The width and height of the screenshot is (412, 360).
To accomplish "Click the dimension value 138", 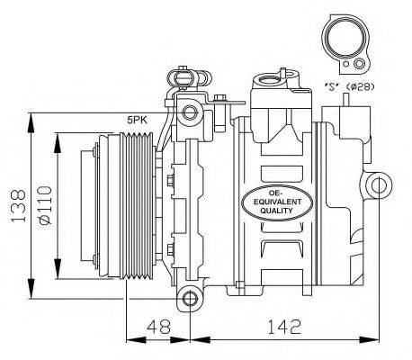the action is pyautogui.click(x=18, y=206).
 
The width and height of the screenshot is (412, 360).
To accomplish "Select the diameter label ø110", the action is pyautogui.click(x=45, y=205).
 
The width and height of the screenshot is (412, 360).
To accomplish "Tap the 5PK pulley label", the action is pyautogui.click(x=137, y=121).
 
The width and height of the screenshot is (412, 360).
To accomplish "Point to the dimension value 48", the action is pyautogui.click(x=158, y=327).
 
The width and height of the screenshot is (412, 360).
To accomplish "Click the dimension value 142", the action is pyautogui.click(x=283, y=327).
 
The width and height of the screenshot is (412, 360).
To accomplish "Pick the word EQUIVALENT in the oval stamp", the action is pyautogui.click(x=277, y=202).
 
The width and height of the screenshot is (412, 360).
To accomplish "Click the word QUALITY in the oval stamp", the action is pyautogui.click(x=276, y=211).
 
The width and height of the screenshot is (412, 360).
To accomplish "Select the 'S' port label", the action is pyautogui.click(x=332, y=86).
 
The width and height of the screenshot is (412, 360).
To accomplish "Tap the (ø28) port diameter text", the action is pyautogui.click(x=360, y=86).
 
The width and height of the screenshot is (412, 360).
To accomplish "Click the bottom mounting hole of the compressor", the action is pyautogui.click(x=190, y=299).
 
